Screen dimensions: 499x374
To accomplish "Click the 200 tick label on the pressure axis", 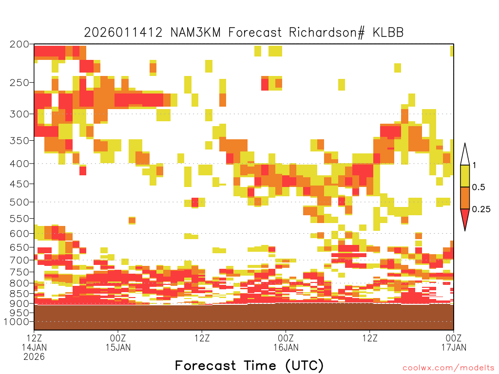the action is tap(19, 44).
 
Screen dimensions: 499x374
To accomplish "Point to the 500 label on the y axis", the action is tap(19, 202).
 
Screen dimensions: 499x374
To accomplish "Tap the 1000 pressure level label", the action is tap(17, 322).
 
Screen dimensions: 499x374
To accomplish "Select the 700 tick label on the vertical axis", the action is tap(19, 260).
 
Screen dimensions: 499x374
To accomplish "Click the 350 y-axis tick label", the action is tap(19, 140).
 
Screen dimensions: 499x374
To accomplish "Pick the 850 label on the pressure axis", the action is tap(19, 293).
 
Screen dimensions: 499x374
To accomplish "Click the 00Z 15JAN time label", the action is tap(118, 342).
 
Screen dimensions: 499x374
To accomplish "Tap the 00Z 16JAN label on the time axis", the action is tap(286, 342).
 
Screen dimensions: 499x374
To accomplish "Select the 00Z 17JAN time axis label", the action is tap(454, 342).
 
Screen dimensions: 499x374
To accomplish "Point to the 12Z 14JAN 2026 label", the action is tap(34, 347).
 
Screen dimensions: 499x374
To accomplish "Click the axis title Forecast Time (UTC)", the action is tap(249, 366).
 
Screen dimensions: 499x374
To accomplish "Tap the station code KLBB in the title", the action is tap(388, 33).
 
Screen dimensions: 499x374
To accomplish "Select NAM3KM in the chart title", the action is tap(195, 33).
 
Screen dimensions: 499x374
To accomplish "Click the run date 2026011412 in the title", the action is tap(123, 33).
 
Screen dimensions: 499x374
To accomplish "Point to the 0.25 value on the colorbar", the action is tap(481, 209).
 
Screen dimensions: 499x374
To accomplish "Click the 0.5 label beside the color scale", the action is tap(479, 187).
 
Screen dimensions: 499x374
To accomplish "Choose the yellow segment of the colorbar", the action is tap(465, 176).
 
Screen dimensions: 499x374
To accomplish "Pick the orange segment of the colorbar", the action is tap(465, 198).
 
